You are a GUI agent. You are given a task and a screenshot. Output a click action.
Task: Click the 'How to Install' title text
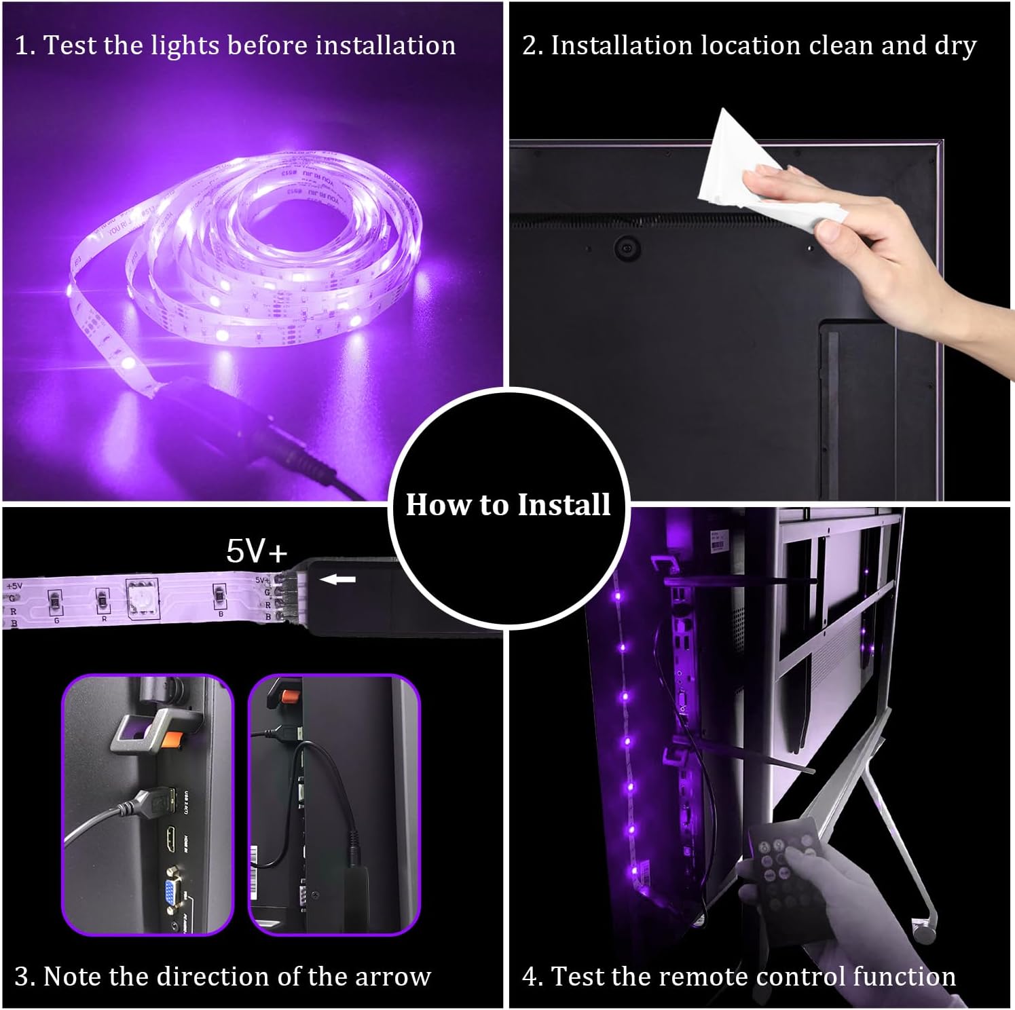tap(508, 505)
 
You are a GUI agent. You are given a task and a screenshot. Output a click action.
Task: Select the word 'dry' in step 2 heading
tap(955, 46)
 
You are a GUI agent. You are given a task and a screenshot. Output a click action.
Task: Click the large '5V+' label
tap(257, 550)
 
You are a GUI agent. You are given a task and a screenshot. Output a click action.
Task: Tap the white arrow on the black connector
tap(337, 580)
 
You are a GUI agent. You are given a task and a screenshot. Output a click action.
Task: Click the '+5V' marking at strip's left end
tap(14, 585)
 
